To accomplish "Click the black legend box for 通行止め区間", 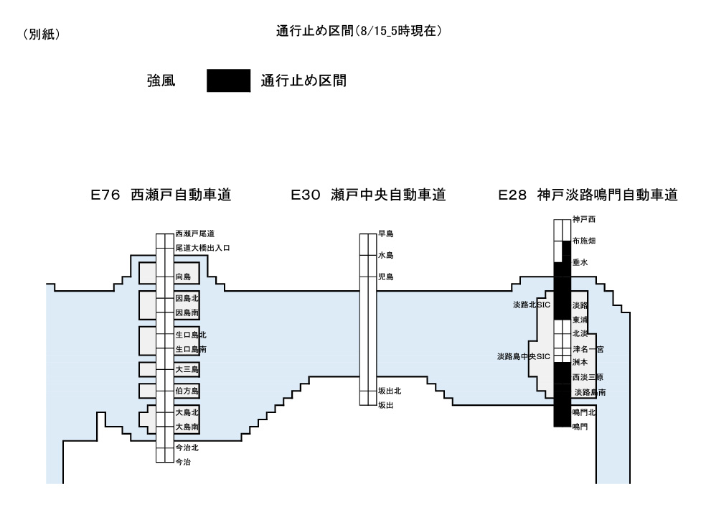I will [x=228, y=80].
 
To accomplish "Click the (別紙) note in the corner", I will [x=41, y=34].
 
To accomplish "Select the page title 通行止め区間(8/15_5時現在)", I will [x=359, y=31].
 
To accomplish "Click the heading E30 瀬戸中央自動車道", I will [x=368, y=195].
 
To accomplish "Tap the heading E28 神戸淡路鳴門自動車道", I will [x=588, y=195].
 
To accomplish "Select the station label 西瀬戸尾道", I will [x=195, y=233].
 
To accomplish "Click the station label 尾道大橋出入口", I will [x=203, y=248].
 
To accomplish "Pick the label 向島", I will [x=183, y=277].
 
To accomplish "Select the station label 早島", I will [x=385, y=233].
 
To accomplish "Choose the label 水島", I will [x=385, y=255].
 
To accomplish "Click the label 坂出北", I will [x=390, y=391].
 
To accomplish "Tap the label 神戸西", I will [x=584, y=219].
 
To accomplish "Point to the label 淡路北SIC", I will [x=531, y=305].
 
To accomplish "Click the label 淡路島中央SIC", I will [x=523, y=356].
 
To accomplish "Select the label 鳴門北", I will [x=584, y=413].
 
